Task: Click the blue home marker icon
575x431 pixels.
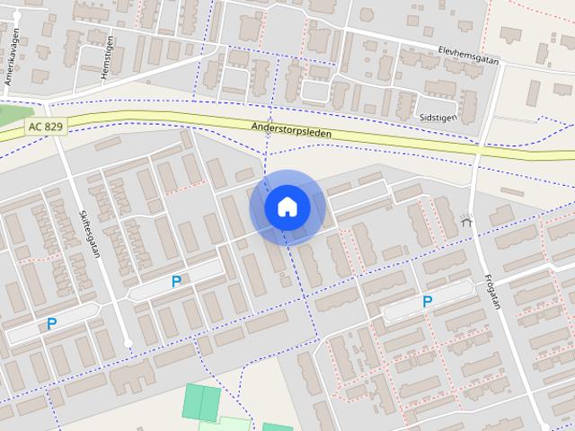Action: point(287,207)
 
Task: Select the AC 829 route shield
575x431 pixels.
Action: point(45,127)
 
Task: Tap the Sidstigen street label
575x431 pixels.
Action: point(438,117)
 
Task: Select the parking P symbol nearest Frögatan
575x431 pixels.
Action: point(428,303)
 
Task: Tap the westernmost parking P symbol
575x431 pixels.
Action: point(52,324)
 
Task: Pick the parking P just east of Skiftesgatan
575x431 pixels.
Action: point(176,281)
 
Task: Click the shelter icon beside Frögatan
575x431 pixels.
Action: point(465,219)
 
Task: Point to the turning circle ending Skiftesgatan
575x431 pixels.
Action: point(128,343)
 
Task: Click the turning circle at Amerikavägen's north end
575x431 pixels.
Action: point(17,16)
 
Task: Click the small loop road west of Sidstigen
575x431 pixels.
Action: point(315,91)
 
